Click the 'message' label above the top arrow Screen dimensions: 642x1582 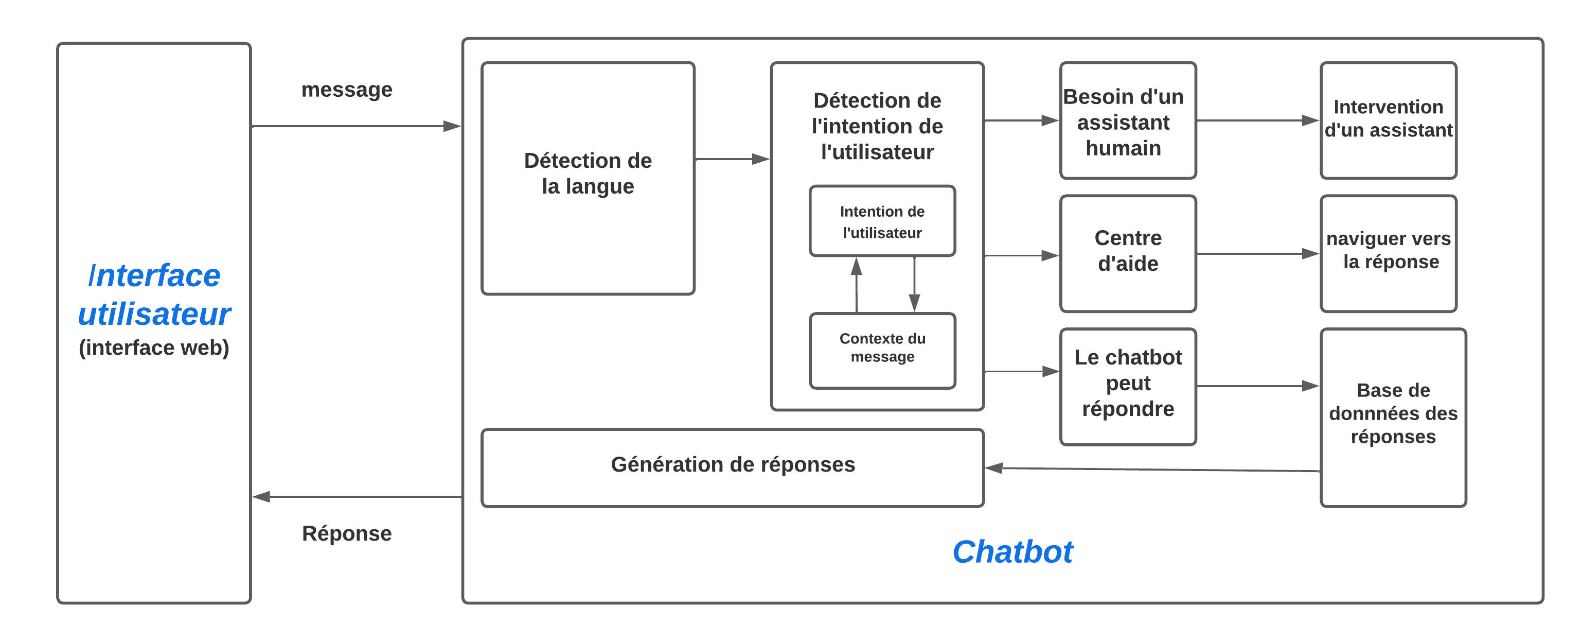346,90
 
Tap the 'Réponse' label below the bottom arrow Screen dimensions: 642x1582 346,533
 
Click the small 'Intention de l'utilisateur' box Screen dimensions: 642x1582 882,221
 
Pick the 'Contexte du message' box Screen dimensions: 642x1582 882,350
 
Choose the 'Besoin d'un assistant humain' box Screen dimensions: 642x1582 1128,121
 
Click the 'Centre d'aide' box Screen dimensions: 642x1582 1128,253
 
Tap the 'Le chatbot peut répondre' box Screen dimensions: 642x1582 1128,386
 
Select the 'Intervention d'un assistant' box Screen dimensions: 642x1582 1388,121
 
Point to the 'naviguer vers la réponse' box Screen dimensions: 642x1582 1388,253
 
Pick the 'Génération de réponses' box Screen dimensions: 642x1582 732,467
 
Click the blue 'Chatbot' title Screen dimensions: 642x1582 1012,552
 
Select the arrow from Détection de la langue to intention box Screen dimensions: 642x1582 731,159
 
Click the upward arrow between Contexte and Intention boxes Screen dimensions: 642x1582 856,286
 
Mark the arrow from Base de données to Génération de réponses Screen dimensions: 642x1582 1154,470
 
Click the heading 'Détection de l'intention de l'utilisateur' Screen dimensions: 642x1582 877,126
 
